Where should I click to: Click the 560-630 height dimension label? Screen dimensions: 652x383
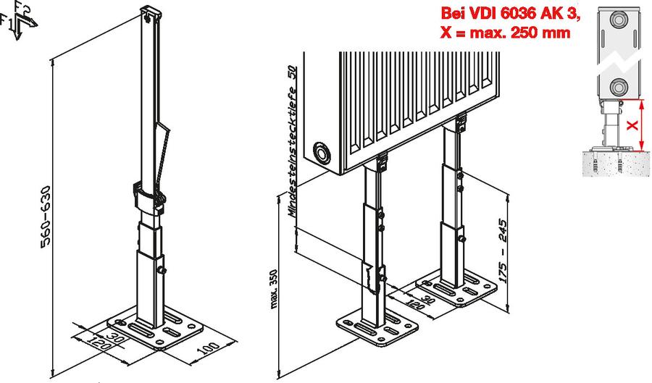46,216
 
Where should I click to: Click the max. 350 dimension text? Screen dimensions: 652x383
273,289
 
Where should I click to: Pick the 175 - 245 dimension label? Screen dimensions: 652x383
503,251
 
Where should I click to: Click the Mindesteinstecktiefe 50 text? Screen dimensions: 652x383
293,141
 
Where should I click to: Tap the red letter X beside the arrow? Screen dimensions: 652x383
632,125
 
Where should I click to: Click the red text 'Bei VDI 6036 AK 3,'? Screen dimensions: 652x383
510,14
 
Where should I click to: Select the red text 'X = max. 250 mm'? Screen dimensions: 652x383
505,32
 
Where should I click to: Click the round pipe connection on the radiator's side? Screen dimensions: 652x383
322,153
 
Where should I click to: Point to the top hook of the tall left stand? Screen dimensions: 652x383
149,14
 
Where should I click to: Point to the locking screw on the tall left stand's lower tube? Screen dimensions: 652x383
161,270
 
